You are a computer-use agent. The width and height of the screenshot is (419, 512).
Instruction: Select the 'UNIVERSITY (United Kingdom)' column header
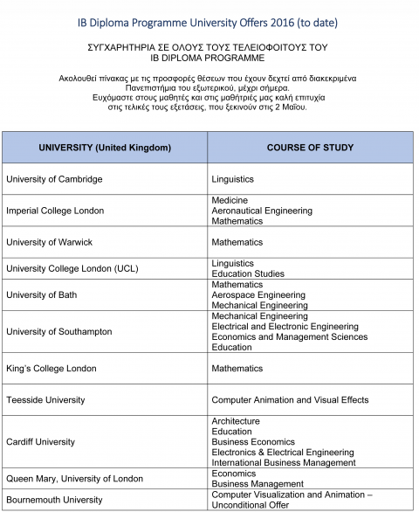105,147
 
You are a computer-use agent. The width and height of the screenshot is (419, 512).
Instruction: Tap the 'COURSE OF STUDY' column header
310,147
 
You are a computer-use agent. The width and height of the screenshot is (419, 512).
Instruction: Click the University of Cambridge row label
54,179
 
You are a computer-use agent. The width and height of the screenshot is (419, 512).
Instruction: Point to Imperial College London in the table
55,211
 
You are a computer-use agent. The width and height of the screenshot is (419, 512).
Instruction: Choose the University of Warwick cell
49,242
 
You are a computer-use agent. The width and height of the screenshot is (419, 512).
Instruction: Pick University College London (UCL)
72,268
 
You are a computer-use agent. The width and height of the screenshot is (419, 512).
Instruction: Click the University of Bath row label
42,294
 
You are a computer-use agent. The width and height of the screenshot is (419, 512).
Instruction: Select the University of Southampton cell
59,331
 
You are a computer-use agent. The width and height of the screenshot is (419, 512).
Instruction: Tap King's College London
52,368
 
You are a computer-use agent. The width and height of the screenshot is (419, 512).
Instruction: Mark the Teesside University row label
45,399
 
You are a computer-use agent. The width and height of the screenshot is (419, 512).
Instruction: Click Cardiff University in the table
40,441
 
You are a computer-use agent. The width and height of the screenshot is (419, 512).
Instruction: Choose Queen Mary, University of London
74,478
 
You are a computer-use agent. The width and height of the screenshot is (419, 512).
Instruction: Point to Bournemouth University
54,500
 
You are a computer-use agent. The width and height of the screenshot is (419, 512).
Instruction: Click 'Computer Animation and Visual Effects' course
290,399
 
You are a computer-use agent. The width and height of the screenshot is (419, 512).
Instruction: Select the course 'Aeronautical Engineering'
262,211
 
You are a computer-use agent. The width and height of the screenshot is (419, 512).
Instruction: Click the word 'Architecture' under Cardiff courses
236,421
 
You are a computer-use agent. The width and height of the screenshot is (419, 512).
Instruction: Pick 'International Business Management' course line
284,462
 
